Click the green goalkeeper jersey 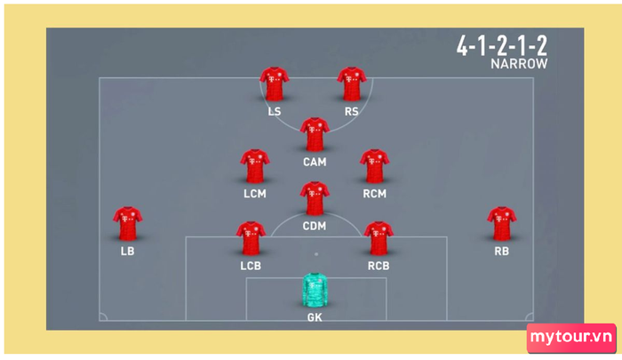[315, 290]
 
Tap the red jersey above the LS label [274, 84]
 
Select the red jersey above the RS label [352, 84]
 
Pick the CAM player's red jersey [315, 134]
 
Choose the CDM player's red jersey [315, 198]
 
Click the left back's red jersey [127, 223]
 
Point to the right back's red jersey [501, 223]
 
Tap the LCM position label [255, 194]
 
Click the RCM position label [374, 194]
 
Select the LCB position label [251, 266]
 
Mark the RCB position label [379, 266]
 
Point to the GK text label [315, 317]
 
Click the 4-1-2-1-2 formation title [502, 45]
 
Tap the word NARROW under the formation [519, 64]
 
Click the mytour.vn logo [571, 338]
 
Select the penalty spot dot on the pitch [316, 254]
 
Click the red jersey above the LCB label [251, 238]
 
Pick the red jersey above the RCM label [374, 166]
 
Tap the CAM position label [315, 162]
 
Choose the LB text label [127, 251]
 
